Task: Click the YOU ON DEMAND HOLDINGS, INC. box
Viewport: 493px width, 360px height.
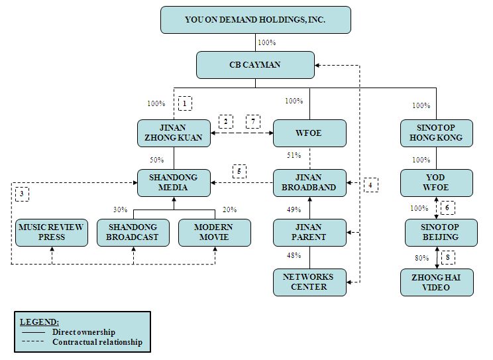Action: click(255, 20)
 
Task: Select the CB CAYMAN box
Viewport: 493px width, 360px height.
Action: click(255, 64)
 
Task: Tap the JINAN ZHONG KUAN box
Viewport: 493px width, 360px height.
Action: click(174, 133)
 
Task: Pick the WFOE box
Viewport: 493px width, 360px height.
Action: click(309, 133)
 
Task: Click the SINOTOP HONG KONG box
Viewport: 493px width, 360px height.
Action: click(437, 133)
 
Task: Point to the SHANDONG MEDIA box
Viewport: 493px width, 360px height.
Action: click(174, 182)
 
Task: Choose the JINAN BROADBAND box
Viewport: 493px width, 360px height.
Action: click(309, 182)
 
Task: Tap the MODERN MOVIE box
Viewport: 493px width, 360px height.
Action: click(215, 232)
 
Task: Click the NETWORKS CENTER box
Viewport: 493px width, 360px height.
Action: click(309, 282)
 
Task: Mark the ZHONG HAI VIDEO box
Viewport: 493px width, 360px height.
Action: click(437, 282)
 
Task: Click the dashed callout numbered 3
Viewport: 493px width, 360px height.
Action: click(22, 193)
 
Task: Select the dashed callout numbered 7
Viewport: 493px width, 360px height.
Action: click(253, 122)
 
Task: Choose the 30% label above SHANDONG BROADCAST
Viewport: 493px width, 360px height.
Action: click(120, 210)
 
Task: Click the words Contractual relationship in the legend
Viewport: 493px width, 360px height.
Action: click(97, 342)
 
